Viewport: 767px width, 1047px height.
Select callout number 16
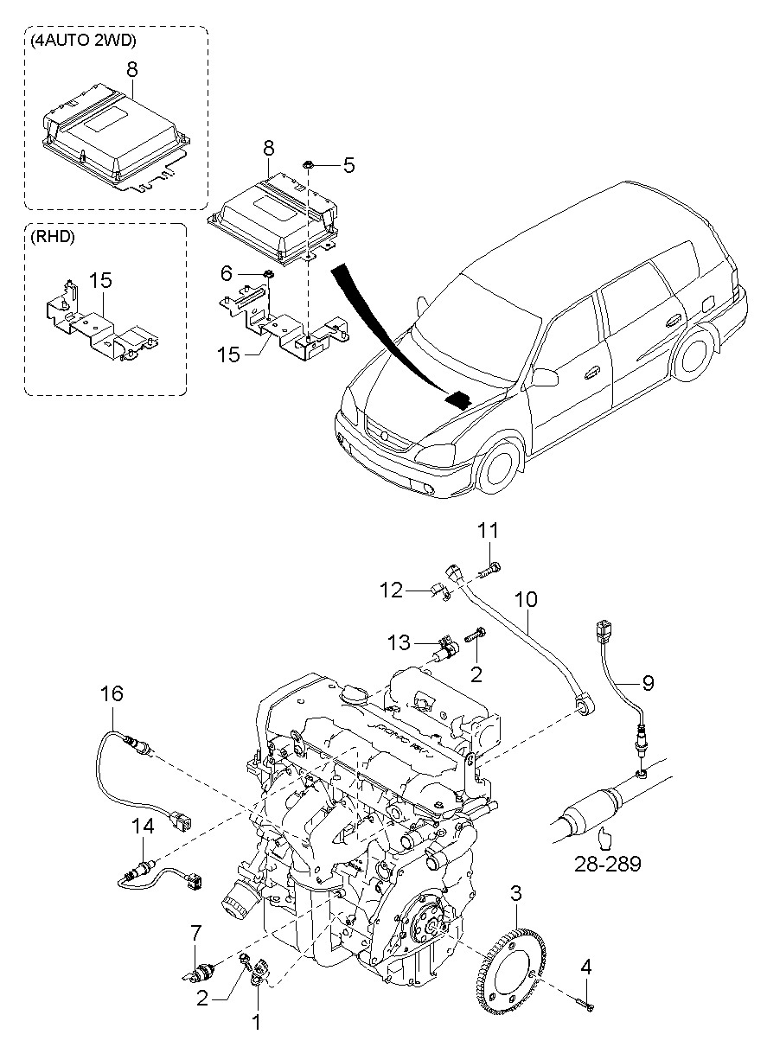pyautogui.click(x=112, y=693)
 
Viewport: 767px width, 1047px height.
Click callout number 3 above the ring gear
pyautogui.click(x=515, y=893)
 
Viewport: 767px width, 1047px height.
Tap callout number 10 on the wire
pyautogui.click(x=527, y=598)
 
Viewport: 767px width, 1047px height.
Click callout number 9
pyautogui.click(x=648, y=682)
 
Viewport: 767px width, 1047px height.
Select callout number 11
pyautogui.click(x=489, y=528)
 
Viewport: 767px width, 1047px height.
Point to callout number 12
pyautogui.click(x=392, y=590)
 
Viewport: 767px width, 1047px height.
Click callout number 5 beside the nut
pyautogui.click(x=348, y=164)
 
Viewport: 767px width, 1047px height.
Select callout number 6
pyautogui.click(x=227, y=273)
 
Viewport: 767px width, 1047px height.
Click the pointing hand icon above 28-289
pyautogui.click(x=604, y=837)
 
